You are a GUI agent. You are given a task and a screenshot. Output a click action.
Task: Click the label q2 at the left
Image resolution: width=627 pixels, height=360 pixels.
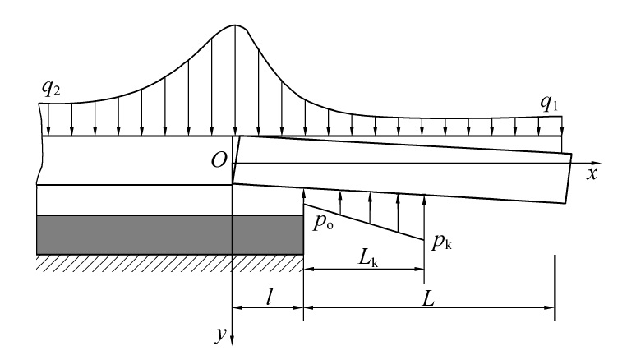51,89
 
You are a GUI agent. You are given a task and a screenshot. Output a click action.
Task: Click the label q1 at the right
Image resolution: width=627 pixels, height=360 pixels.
549,104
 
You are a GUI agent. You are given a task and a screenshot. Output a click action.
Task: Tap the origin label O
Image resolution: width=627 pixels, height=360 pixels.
219,160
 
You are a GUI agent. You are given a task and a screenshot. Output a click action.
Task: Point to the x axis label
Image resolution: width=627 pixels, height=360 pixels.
592,174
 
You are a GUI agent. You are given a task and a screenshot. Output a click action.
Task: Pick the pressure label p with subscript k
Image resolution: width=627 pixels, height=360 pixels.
441,242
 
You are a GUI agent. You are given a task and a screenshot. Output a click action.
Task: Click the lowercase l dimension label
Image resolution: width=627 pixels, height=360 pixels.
270,298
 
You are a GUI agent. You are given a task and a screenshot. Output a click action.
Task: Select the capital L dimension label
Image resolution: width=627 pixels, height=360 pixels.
428,298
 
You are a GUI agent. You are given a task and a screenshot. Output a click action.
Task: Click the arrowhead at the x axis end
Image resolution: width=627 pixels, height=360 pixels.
596,164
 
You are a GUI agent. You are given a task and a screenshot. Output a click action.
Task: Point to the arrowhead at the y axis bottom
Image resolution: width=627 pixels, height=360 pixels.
233,339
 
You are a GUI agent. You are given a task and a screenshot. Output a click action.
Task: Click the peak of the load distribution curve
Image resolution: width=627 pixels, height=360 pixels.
235,25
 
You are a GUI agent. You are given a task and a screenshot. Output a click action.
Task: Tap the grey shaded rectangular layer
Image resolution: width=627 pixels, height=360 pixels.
170,235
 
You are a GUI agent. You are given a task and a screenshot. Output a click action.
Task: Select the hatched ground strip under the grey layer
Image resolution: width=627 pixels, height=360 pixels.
170,263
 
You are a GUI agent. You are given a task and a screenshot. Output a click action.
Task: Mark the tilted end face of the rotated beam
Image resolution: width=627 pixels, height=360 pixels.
569,178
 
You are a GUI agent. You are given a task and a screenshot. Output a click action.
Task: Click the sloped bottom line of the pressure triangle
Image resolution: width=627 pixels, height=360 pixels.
364,223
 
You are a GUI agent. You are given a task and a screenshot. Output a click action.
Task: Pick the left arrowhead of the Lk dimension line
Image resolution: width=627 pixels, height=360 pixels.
309,270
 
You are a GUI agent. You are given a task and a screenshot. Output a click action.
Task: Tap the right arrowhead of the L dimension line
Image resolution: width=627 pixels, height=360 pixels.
550,307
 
